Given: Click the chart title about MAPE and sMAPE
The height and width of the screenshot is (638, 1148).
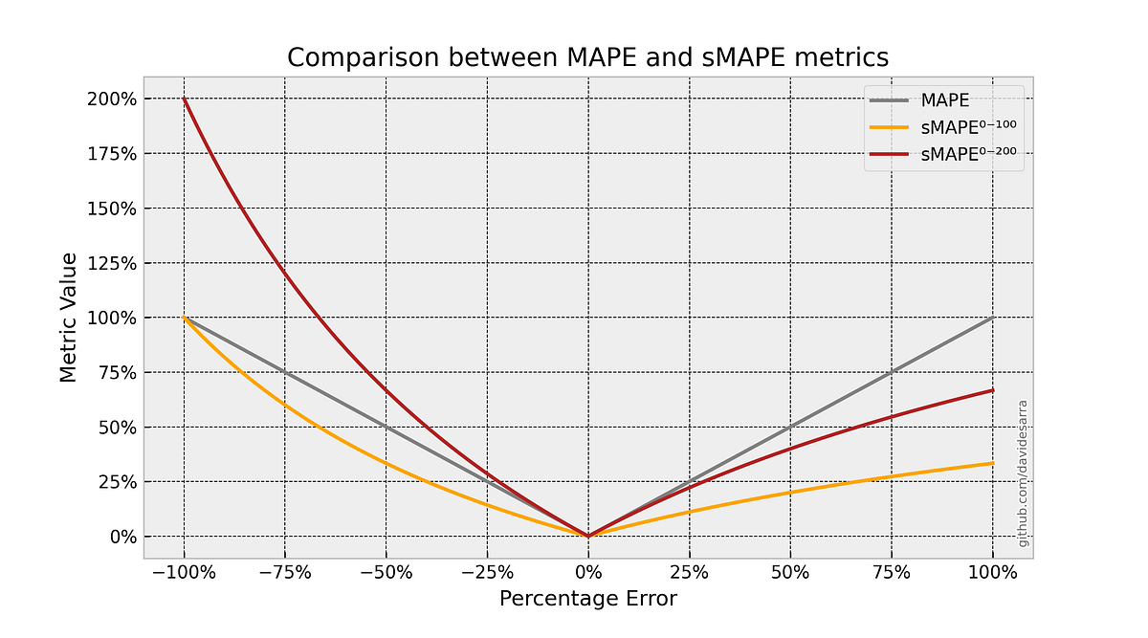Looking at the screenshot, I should point(587,57).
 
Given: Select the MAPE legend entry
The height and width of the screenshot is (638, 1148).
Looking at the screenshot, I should point(941,99).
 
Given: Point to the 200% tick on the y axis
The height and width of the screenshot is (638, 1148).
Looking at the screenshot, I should point(111,99).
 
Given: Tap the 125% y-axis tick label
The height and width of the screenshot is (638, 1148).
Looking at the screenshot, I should point(111,263).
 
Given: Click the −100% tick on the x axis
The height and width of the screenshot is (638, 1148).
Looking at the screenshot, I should point(184,573).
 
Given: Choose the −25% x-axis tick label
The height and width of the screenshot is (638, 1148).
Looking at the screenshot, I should point(487,573).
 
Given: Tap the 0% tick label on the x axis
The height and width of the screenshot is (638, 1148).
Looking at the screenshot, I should point(588,573).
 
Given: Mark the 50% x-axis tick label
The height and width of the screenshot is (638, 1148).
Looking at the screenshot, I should point(790,573).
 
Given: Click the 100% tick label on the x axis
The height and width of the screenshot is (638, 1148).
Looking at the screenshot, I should point(992,573).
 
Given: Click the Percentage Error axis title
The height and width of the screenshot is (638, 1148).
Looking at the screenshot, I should point(587,600).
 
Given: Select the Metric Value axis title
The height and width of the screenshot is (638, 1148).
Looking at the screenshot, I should point(68,318).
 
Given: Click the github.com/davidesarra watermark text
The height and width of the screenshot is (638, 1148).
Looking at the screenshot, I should point(1023,473).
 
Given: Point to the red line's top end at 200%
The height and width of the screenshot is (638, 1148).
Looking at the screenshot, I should point(185,99).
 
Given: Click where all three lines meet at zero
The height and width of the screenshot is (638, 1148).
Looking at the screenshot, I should point(588,536).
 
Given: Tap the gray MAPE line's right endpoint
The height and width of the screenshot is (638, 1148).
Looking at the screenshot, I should point(992,318).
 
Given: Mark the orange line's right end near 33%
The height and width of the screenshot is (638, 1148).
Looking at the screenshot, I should point(992,463).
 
